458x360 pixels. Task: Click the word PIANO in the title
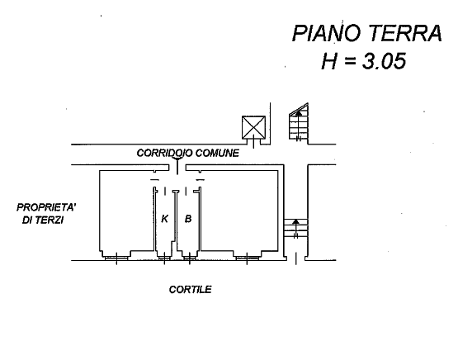coord(327,33)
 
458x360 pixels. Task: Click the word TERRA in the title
coord(405,33)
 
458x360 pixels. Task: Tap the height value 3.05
coord(384,61)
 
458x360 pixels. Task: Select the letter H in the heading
coord(330,61)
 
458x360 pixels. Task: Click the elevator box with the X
coord(253,127)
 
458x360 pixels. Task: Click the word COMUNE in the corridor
coord(217,153)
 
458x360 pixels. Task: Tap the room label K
coord(165,218)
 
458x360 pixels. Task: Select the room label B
coord(188,218)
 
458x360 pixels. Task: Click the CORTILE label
coord(190,289)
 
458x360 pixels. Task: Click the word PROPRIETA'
coord(46,207)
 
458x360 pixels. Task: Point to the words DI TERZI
coord(43,220)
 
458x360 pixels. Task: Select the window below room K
coord(164,258)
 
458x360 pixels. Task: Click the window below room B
coord(189,258)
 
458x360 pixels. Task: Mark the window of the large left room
coord(116,258)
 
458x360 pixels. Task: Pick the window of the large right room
coord(247,258)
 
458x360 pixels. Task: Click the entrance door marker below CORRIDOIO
coord(177,166)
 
